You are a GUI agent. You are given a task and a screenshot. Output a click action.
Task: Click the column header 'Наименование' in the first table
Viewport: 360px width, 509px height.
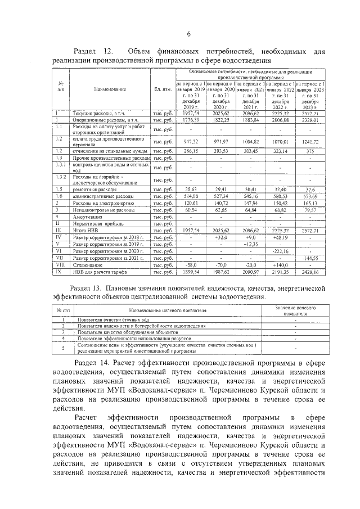click(110, 89)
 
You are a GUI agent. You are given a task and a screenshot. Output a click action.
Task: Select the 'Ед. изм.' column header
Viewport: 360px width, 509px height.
click(162, 89)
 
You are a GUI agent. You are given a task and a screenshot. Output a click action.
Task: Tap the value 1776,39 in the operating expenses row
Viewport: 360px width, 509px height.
click(191, 120)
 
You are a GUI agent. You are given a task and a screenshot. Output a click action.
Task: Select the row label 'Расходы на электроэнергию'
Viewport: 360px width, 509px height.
click(101, 202)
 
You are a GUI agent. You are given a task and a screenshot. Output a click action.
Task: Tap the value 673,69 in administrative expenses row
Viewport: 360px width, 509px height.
click(309, 195)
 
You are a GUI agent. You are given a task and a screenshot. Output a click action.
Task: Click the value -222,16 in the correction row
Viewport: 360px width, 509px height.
click(280, 251)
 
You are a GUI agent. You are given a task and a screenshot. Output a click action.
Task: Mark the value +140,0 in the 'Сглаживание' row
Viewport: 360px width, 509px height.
click(280, 265)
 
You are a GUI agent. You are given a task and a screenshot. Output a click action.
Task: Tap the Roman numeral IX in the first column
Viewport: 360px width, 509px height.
click(58, 272)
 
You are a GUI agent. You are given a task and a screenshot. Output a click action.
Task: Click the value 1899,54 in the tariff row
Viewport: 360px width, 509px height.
click(191, 272)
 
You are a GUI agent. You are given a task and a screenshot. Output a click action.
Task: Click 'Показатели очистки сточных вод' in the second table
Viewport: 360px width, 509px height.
click(111, 319)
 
